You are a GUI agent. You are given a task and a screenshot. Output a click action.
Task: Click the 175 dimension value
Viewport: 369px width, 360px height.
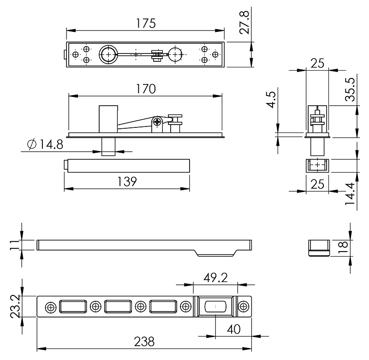tap(145, 23)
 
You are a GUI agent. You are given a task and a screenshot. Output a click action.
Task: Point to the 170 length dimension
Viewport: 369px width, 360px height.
tap(145, 89)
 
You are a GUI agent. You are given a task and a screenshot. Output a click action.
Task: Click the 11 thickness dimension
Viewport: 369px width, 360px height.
tap(13, 245)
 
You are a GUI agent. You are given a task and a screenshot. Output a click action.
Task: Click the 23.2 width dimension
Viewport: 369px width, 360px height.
tap(13, 306)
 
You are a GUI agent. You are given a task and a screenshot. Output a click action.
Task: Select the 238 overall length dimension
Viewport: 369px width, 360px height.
tap(144, 342)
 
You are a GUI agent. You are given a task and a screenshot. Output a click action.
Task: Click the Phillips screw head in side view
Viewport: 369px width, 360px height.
tap(158, 122)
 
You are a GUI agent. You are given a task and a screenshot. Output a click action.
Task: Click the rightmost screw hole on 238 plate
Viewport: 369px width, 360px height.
tap(244, 306)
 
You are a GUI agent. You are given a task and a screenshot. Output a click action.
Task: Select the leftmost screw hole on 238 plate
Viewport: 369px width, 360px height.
tap(49, 306)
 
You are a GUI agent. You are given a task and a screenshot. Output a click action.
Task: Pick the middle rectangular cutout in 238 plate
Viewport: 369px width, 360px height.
tap(118, 306)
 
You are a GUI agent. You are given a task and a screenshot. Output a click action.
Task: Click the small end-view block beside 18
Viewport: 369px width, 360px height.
tap(318, 247)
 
